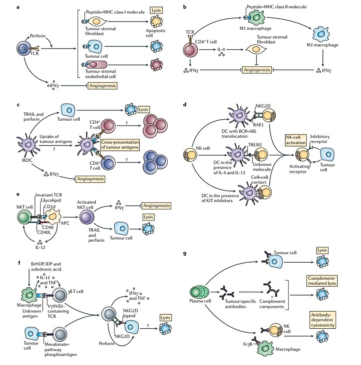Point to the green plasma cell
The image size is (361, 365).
(x=198, y=292)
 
